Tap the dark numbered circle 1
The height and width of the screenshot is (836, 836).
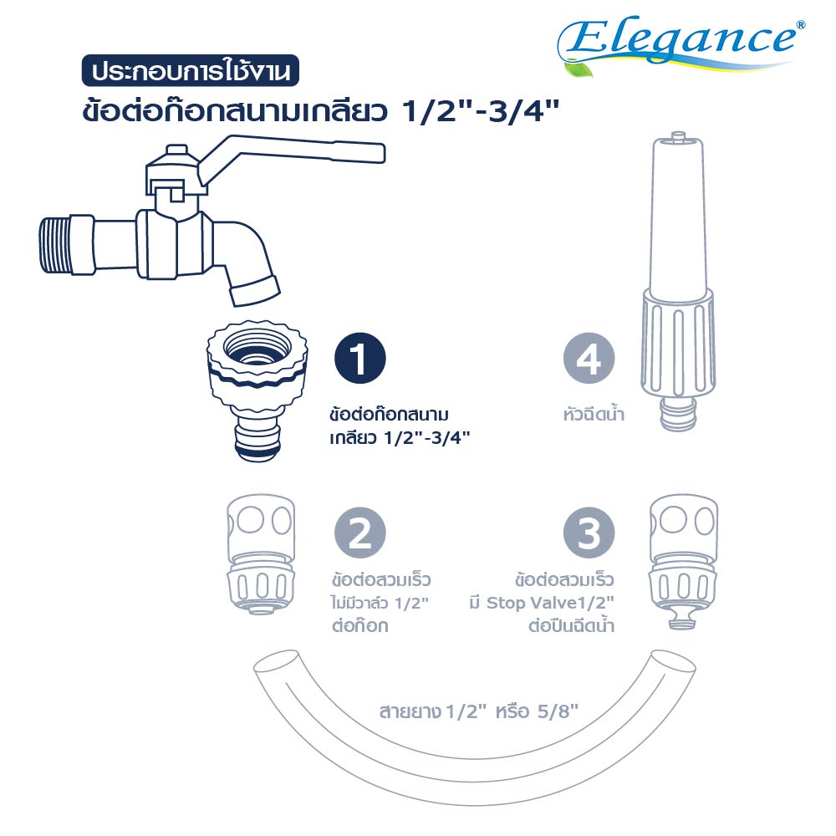coord(359,359)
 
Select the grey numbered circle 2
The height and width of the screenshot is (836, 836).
coord(359,533)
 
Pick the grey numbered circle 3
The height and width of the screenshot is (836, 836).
coord(589,533)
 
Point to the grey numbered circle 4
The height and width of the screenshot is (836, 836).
coord(589,359)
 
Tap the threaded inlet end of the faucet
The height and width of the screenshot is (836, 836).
coord(55,245)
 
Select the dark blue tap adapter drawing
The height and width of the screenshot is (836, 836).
coord(257,390)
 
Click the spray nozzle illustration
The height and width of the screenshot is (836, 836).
coord(677,281)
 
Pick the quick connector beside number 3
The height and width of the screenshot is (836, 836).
coord(684,562)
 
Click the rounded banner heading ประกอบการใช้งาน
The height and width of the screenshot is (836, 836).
coord(191,70)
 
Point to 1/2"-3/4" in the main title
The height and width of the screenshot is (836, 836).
coord(481,111)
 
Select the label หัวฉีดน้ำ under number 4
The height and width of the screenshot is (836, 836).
coord(594,413)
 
